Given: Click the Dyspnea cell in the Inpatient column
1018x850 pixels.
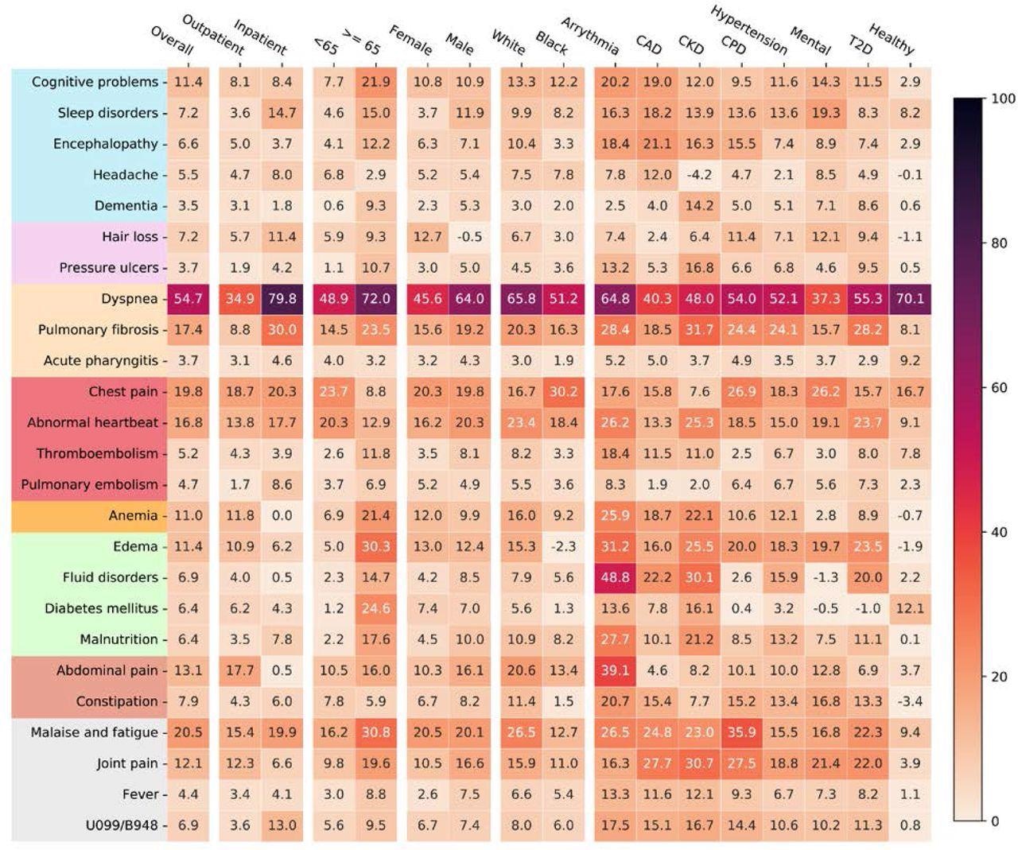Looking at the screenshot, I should coord(282,299).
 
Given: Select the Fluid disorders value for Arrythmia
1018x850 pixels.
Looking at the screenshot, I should coord(615,577).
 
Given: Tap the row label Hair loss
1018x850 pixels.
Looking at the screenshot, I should coord(130,237).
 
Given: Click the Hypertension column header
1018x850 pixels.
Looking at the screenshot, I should coord(748,30).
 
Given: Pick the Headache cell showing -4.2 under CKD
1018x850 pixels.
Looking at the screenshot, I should coord(699,175).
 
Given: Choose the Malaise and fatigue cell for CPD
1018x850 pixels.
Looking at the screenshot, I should coord(741,732).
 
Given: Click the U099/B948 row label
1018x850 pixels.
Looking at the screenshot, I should coord(122,825).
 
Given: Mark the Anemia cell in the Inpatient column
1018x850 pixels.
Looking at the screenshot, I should coord(282,515).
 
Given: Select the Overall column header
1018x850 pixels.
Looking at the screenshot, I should coord(172,40).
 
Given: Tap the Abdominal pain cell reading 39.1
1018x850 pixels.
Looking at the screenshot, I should coord(615,670).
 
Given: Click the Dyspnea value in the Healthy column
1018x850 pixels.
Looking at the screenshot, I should coord(910,299).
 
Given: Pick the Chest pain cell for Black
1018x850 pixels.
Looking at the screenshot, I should coord(563,392).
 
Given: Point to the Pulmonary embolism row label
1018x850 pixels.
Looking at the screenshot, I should coord(89,485).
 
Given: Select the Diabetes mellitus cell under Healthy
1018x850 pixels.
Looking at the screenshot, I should coord(910,608).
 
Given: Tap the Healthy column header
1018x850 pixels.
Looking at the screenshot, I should coord(891,38).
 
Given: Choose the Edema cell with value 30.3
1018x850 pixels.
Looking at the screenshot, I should coord(375,546).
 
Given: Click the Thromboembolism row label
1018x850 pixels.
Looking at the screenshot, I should coord(96,454).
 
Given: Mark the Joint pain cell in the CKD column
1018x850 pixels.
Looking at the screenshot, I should coord(699,763).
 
